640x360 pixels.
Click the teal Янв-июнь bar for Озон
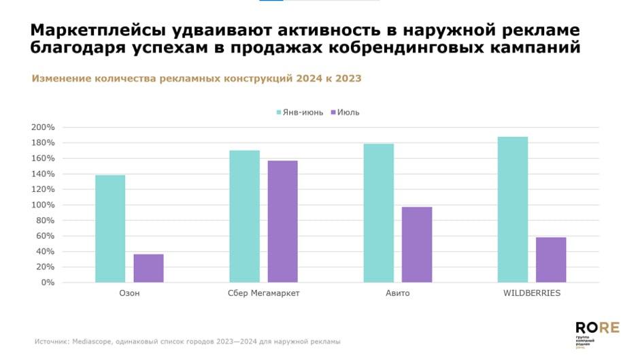[x=110, y=229]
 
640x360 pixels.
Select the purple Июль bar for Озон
[x=148, y=268]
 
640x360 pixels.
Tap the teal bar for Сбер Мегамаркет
[x=244, y=216]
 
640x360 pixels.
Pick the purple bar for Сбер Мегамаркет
[x=282, y=221]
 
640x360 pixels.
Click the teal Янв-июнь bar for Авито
[x=378, y=213]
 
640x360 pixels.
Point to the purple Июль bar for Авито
[x=416, y=244]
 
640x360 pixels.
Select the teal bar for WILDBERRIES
[x=512, y=210]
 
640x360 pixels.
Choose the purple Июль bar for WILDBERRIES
[x=551, y=260]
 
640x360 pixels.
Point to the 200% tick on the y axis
[x=43, y=127]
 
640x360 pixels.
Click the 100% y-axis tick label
[x=43, y=205]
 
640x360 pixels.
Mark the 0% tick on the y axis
[x=47, y=282]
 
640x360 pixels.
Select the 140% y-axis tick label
[x=43, y=174]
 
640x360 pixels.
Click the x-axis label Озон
[x=129, y=294]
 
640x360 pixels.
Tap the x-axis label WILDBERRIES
[x=531, y=294]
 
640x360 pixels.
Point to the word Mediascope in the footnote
[x=92, y=342]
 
